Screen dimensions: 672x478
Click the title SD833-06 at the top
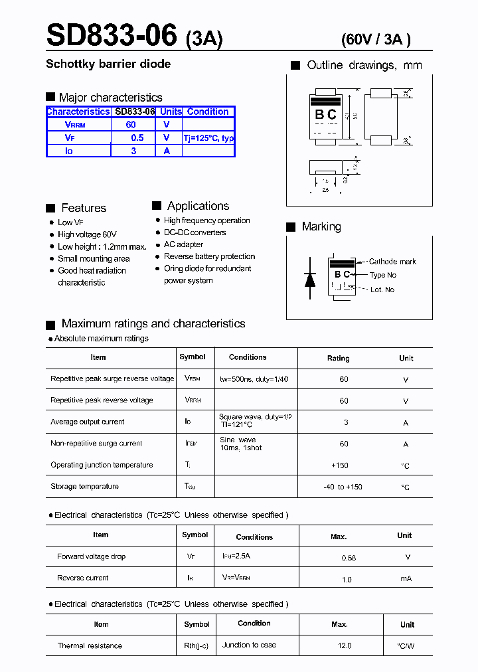[112, 35]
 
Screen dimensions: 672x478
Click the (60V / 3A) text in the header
[376, 39]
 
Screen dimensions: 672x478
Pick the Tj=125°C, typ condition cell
[208, 138]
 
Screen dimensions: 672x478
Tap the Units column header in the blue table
[171, 112]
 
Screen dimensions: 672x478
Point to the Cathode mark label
[392, 262]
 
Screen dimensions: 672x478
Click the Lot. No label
[382, 290]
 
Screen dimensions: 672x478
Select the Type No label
[383, 275]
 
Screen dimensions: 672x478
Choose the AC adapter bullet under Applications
[184, 244]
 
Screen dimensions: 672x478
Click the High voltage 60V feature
[87, 234]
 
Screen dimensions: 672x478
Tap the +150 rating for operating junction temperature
[339, 465]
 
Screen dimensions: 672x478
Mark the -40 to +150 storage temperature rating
[343, 487]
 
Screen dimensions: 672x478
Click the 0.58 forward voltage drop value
[349, 558]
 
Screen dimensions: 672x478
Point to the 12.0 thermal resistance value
[345, 645]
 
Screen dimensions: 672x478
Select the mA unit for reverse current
[406, 579]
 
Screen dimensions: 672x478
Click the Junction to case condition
[249, 645]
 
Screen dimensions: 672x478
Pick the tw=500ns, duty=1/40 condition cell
[254, 379]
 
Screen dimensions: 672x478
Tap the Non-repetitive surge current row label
[96, 444]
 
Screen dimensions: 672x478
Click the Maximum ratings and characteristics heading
[153, 324]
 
